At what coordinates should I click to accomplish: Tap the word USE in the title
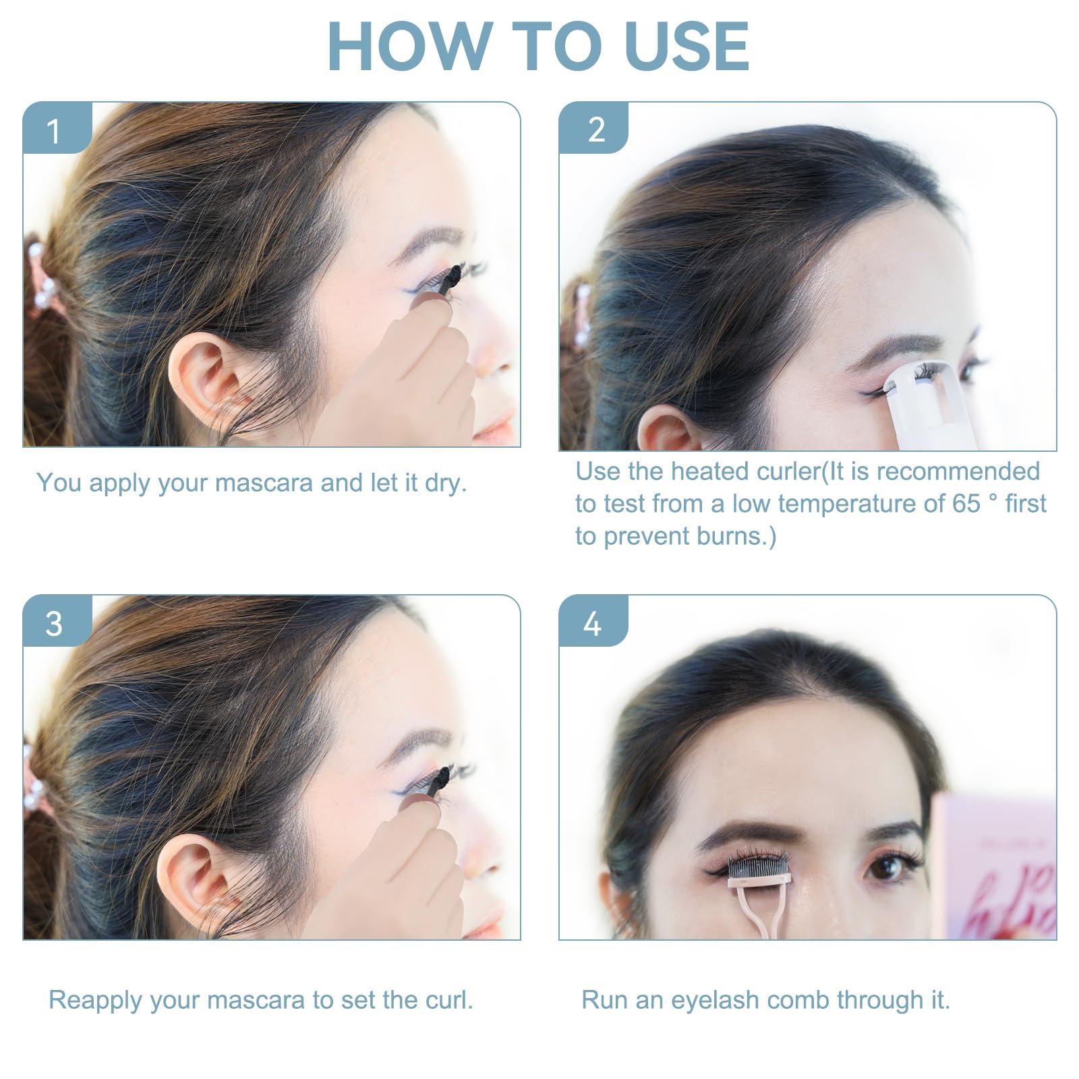(687, 46)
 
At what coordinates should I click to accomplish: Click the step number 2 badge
(593, 128)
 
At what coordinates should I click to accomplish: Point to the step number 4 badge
(593, 621)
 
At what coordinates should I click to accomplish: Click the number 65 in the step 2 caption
(966, 504)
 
